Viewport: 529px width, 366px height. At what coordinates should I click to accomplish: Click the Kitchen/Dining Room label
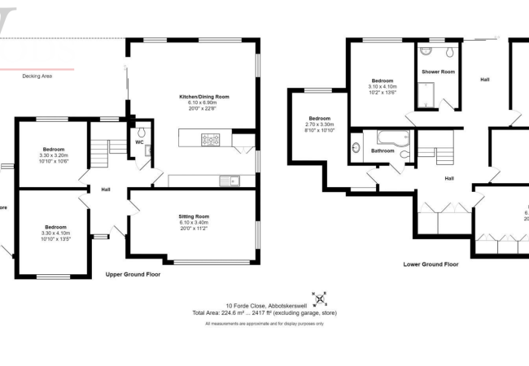204,97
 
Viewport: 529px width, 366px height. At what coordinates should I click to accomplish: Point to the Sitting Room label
194,216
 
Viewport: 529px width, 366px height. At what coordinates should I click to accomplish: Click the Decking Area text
37,76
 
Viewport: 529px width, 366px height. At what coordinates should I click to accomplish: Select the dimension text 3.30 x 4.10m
55,233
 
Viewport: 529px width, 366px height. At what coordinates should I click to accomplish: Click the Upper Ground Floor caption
133,275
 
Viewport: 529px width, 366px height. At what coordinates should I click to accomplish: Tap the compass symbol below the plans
319,295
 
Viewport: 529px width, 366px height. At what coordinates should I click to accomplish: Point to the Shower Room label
438,72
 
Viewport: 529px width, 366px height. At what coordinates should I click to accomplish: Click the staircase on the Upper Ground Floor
98,150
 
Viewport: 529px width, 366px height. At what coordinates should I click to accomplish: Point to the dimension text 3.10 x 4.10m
383,87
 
